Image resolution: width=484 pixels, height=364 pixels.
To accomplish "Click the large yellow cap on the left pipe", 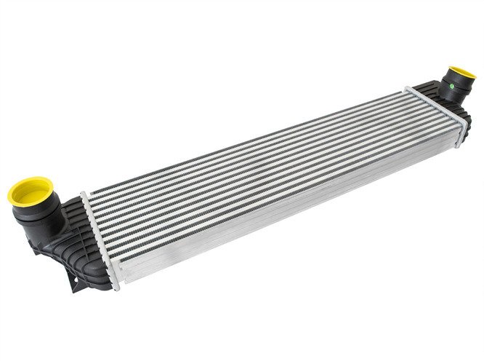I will [27, 191].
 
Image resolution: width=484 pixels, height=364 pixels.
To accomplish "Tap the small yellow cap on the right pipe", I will [459, 75].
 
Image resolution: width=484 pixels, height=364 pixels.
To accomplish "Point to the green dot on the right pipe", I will [453, 85].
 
